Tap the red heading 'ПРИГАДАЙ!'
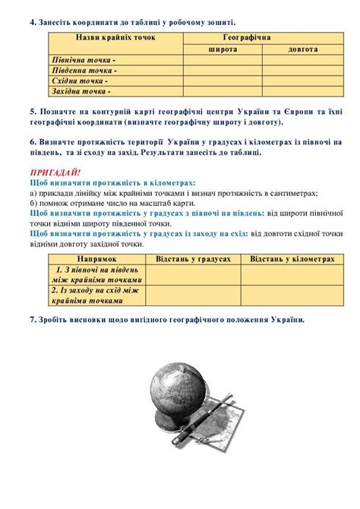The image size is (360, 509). [54, 172]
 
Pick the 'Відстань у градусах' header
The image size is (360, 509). [193, 259]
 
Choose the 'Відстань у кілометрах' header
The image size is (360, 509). [292, 259]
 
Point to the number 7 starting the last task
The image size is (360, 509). [32, 320]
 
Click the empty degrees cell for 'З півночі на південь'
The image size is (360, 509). [193, 275]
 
